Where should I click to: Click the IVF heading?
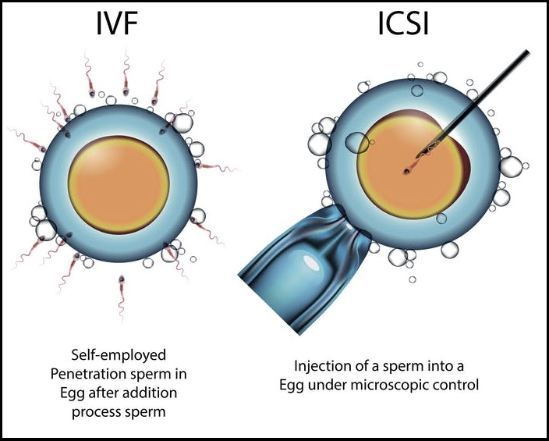(116, 24)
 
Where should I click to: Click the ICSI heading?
(403, 24)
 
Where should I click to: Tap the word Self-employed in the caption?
(119, 355)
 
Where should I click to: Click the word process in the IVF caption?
(97, 412)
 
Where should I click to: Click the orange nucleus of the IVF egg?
(119, 184)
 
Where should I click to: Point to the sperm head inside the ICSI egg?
(406, 172)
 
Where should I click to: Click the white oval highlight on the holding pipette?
(311, 263)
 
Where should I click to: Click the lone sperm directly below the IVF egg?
(121, 297)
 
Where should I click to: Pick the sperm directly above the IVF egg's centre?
(126, 74)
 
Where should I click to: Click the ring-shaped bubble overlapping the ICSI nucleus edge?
(357, 143)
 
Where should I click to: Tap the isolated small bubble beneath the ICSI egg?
(413, 279)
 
